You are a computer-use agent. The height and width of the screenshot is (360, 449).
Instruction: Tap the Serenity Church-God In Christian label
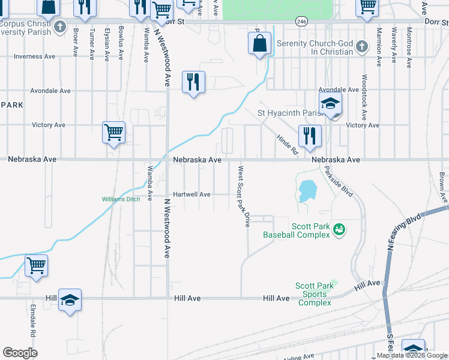coord(315,48)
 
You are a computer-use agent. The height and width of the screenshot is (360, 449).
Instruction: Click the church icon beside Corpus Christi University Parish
coord(59,26)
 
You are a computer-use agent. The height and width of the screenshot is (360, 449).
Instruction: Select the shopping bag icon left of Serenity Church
coord(259,43)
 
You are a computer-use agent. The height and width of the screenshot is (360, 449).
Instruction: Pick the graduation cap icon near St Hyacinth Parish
coord(330,103)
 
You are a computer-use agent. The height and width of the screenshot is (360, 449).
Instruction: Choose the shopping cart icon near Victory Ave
coord(113,132)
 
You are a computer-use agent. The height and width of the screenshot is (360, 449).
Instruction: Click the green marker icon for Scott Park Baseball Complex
coord(339,229)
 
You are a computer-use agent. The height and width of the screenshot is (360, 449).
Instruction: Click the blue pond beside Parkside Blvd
coord(307,191)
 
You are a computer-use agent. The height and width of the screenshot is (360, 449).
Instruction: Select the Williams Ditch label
coord(121,199)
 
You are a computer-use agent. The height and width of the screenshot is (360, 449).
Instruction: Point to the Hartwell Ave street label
coord(191,194)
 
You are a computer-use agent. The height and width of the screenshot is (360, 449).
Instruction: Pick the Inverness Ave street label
coord(37,57)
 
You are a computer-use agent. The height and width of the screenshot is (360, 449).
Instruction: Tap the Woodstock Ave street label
coord(364,96)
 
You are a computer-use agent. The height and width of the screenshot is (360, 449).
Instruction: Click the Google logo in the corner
coord(20,353)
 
